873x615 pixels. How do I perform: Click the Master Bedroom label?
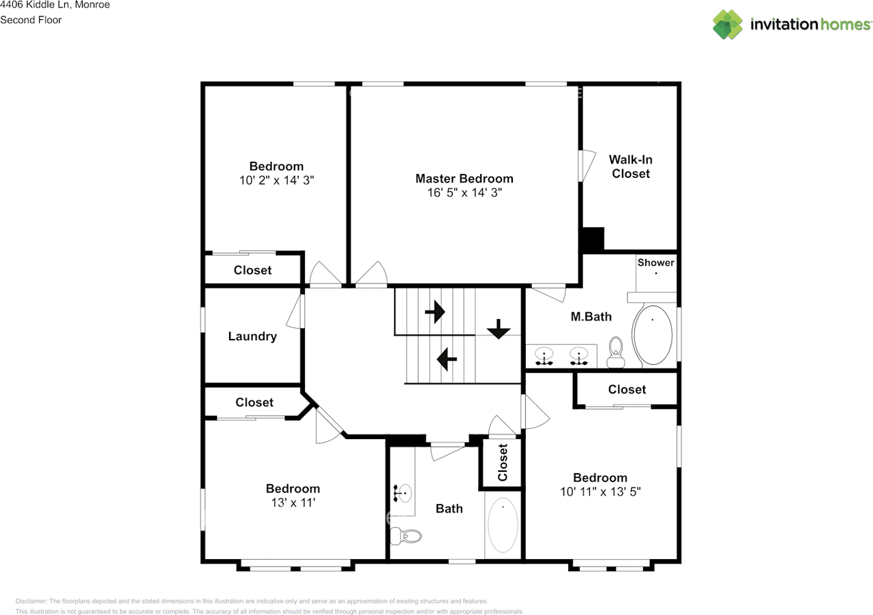[464, 179]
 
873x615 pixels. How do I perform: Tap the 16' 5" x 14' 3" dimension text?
[464, 193]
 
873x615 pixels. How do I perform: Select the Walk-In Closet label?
[630, 166]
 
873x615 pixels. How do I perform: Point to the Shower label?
[655, 262]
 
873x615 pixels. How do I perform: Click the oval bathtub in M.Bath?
[652, 336]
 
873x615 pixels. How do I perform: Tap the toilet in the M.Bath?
[617, 348]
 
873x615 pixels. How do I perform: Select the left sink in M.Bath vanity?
[544, 355]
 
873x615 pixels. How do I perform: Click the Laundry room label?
[252, 336]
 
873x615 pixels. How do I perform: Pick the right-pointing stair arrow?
[434, 312]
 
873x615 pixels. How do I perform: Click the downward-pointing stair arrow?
[499, 329]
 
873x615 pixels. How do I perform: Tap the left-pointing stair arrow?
[447, 358]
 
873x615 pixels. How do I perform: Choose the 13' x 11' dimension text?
[293, 502]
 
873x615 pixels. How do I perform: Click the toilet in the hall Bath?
[406, 537]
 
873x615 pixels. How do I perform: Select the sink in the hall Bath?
[403, 491]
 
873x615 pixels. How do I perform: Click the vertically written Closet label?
[503, 463]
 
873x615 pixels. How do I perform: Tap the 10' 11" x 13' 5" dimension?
[600, 492]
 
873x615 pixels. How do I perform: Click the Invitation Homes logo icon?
[728, 25]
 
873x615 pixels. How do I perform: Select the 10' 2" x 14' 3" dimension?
[276, 180]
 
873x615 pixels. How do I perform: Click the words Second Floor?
[31, 20]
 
